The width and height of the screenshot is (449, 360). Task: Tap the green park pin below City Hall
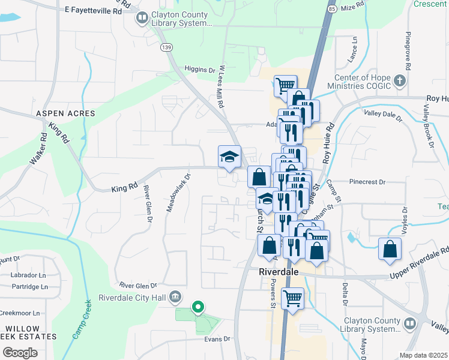(197, 308)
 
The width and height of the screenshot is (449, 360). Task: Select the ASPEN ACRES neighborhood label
(65, 113)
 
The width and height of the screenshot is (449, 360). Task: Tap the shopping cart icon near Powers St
(292, 298)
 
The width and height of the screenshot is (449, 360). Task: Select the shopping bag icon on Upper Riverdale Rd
(390, 248)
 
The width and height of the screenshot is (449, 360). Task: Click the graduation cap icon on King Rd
(229, 157)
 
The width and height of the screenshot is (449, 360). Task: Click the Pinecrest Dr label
(366, 181)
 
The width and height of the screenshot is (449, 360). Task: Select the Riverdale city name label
(279, 272)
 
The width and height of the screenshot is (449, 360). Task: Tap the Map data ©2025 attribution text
(423, 355)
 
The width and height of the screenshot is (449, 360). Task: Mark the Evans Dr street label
(218, 339)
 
